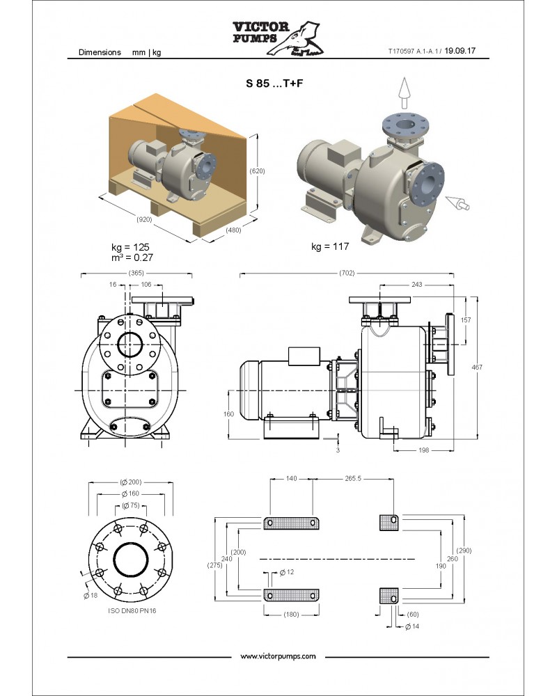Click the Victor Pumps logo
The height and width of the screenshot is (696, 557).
click(278, 38)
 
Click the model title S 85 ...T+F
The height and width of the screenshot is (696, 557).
click(274, 83)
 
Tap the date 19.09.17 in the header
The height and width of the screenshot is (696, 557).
click(460, 51)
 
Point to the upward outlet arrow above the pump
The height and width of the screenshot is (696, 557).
click(404, 93)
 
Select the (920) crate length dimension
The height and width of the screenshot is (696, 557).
click(144, 219)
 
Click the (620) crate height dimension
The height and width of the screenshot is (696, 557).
click(257, 171)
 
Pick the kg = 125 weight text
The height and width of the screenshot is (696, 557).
click(130, 247)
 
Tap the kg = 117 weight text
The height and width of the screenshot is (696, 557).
click(330, 246)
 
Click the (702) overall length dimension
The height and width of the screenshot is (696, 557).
click(347, 273)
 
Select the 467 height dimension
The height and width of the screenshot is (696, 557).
click(477, 367)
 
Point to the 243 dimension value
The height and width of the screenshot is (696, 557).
click(416, 285)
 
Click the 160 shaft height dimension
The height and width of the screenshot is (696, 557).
click(228, 414)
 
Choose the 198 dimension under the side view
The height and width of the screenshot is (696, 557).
click(424, 450)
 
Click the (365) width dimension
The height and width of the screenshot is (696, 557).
click(136, 273)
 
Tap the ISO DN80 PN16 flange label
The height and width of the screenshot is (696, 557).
click(132, 611)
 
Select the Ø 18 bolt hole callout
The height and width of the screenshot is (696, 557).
click(91, 595)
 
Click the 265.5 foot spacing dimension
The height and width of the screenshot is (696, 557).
click(353, 479)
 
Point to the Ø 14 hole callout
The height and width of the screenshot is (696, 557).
click(412, 626)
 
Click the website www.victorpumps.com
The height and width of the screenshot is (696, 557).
click(278, 656)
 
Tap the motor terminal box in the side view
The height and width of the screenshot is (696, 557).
click(304, 356)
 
